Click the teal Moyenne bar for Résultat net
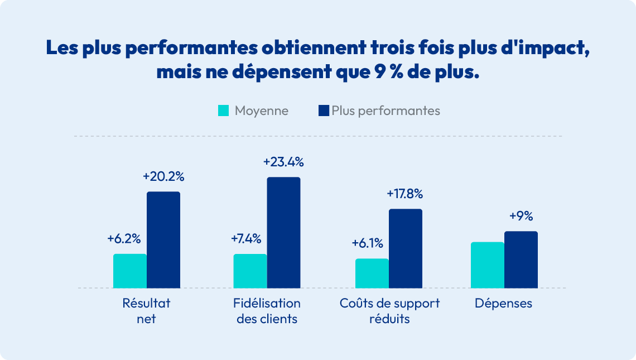tap(130, 271)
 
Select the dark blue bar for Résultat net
tap(163, 240)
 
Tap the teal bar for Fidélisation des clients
tap(250, 271)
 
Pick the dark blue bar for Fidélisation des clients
tap(283, 233)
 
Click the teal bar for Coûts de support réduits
tap(372, 273)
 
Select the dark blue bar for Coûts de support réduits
tap(406, 248)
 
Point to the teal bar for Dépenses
tap(488, 265)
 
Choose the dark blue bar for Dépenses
tap(521, 260)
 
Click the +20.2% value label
tap(163, 177)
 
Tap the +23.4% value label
tap(283, 162)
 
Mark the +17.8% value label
tap(405, 194)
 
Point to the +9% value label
tap(521, 217)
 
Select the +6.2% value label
tap(124, 239)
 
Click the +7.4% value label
tap(246, 239)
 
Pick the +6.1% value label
tap(367, 243)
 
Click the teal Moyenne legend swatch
tap(223, 111)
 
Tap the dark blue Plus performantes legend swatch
tap(324, 111)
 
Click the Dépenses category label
tap(504, 304)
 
